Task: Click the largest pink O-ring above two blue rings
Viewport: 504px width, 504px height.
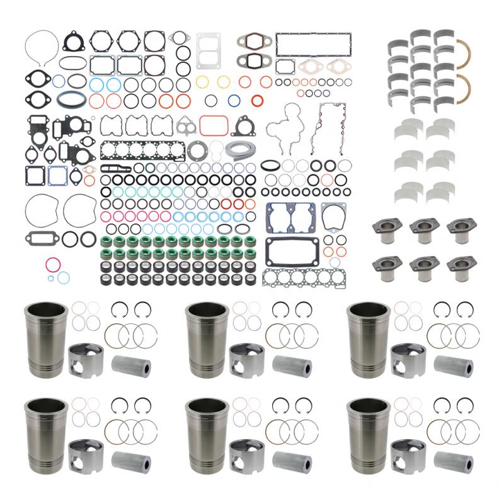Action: (52, 263)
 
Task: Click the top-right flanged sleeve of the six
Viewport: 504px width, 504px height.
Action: (459, 229)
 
